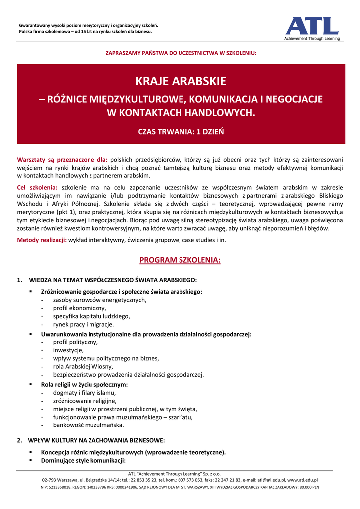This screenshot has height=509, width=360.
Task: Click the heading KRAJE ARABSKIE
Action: pyautogui.click(x=181, y=81)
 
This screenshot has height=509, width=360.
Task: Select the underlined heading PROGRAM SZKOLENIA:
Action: pyautogui.click(x=180, y=260)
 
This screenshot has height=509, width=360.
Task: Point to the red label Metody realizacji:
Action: pyautogui.click(x=42, y=240)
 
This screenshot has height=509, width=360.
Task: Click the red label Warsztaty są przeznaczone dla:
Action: pyautogui.click(x=62, y=159)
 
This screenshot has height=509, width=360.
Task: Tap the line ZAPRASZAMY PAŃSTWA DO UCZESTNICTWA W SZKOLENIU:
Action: pyautogui.click(x=181, y=52)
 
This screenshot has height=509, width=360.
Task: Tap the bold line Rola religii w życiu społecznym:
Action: pyautogui.click(x=85, y=384)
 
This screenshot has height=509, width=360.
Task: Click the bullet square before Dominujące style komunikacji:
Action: pyautogui.click(x=31, y=460)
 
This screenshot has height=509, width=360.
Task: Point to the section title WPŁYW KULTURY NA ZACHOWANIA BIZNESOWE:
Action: pyautogui.click(x=97, y=440)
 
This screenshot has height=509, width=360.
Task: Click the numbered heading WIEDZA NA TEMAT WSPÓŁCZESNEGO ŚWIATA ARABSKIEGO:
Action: pyautogui.click(x=113, y=280)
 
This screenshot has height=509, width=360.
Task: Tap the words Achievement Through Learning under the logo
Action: pyautogui.click(x=312, y=39)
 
